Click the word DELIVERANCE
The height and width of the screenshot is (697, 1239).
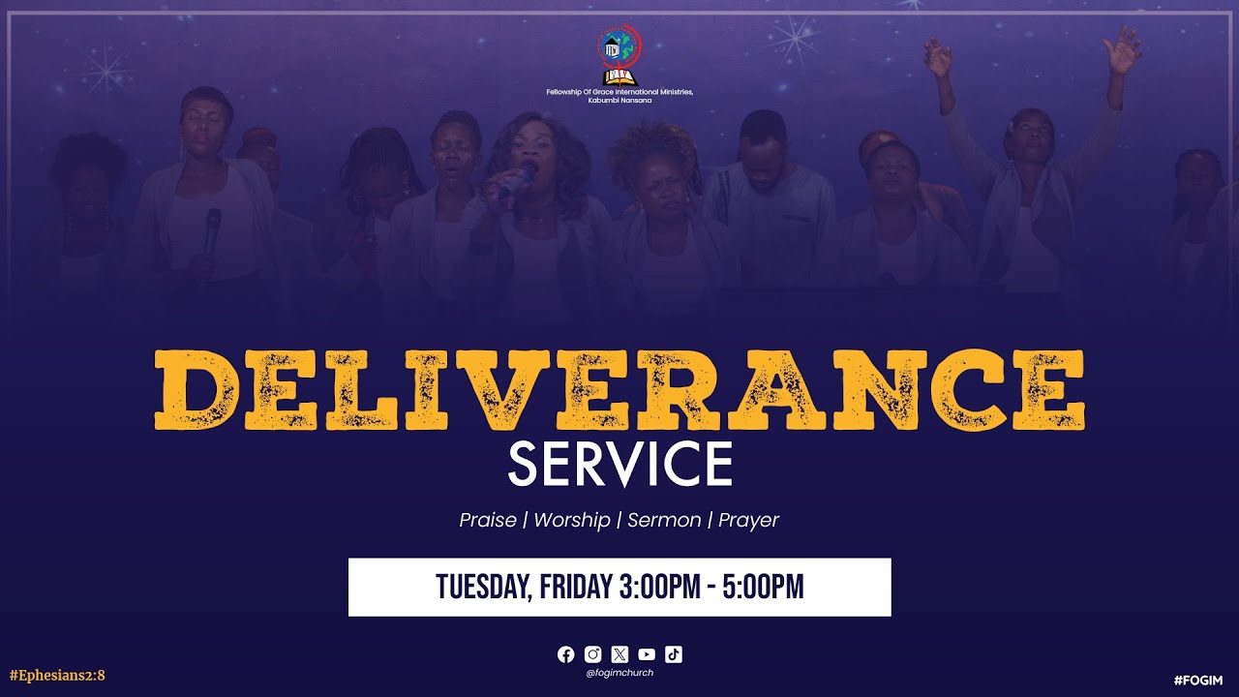(x=619, y=389)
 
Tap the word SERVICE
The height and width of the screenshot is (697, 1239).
(x=619, y=465)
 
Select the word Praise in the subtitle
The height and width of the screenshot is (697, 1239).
(x=488, y=520)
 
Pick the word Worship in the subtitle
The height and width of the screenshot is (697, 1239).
(x=572, y=520)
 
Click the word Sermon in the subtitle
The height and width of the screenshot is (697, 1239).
(x=664, y=520)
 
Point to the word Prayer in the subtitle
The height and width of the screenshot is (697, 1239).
(x=748, y=520)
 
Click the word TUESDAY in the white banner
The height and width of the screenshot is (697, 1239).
(x=481, y=587)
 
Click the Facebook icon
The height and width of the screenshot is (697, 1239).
(x=566, y=654)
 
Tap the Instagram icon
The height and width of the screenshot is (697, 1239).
(x=593, y=654)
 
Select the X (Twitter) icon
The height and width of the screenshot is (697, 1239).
(x=620, y=654)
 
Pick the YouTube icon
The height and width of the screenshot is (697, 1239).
(x=647, y=654)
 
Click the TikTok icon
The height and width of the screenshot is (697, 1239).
(x=674, y=654)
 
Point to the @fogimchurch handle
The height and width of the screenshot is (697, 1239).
(x=619, y=673)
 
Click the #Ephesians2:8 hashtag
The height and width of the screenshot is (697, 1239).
(x=56, y=676)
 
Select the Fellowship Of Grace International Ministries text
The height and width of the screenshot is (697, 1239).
(x=619, y=92)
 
